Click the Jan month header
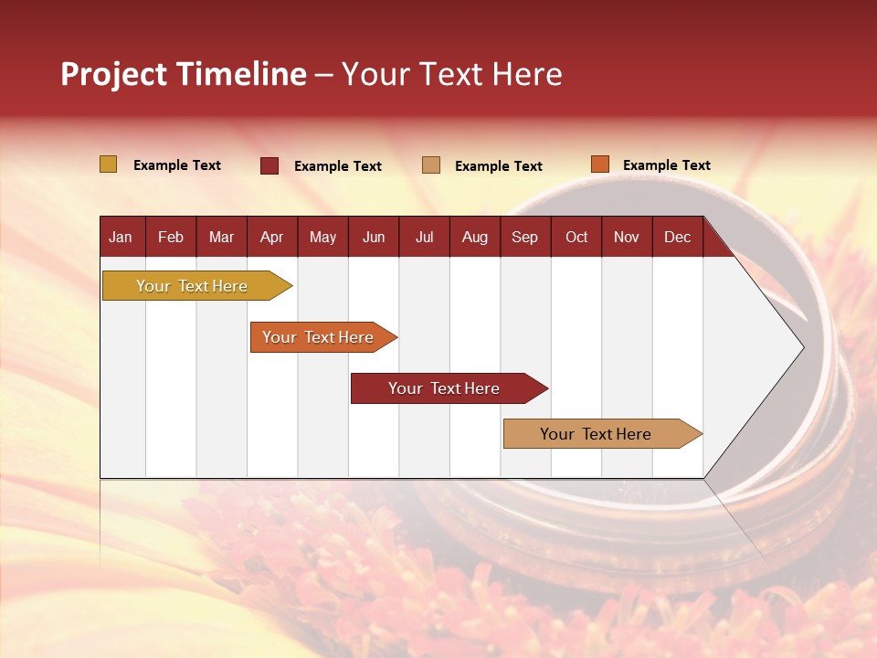point(121,237)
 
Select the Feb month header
point(171,237)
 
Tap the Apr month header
point(272,237)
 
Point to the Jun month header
point(374,237)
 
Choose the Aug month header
point(475,237)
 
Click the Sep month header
point(524,237)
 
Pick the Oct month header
point(576,237)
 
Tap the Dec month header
point(677,237)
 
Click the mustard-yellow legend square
point(109,164)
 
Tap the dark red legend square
point(269,165)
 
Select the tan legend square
point(431,165)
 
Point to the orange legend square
point(600,164)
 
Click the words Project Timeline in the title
point(184,74)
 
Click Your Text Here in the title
point(452,74)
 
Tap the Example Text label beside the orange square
point(666,165)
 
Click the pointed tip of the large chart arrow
point(800,346)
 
